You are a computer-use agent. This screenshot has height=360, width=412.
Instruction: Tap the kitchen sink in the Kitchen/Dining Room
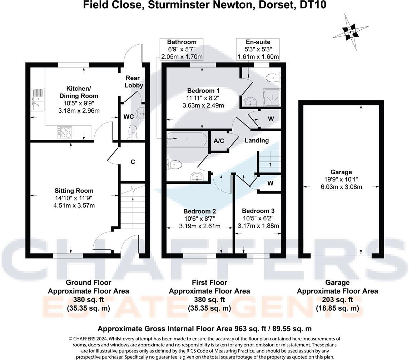(x=37, y=99)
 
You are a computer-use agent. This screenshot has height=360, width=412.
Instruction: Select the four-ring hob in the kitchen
(x=65, y=132)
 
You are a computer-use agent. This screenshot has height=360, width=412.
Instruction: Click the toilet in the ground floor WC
(x=133, y=131)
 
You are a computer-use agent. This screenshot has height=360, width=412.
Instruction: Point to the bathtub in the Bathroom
(x=187, y=140)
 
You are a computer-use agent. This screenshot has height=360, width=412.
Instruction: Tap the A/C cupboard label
(x=219, y=141)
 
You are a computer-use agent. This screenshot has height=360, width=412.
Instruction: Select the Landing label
(x=256, y=140)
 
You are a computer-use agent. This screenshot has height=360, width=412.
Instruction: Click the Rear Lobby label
(x=134, y=81)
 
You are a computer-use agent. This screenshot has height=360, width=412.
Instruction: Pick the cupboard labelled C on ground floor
(x=133, y=162)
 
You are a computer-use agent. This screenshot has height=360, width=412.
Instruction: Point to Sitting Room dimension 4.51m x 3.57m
(x=74, y=205)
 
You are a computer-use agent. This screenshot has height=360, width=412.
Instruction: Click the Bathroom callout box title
(x=182, y=42)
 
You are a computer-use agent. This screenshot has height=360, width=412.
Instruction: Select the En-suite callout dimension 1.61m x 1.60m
(x=258, y=57)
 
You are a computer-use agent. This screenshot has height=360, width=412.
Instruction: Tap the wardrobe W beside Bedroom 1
(x=270, y=119)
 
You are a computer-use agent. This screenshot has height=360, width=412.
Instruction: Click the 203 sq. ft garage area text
(x=337, y=300)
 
